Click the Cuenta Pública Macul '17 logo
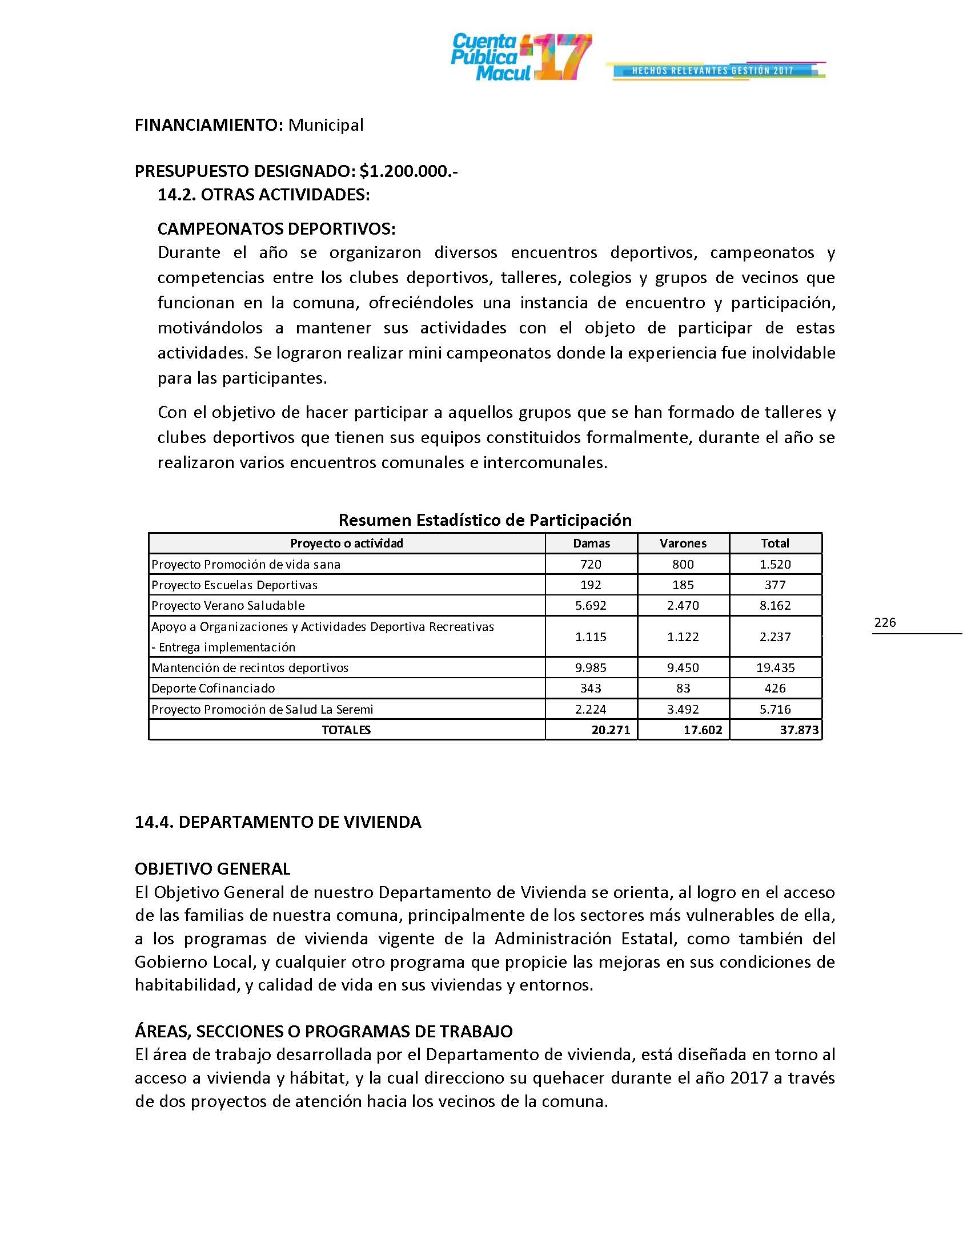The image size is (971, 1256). coord(520,57)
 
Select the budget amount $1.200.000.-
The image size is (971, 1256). coord(408,171)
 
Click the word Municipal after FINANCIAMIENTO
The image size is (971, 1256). coord(326,125)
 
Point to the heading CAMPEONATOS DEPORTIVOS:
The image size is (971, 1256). coord(276,229)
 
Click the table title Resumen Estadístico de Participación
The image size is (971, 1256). coord(485,520)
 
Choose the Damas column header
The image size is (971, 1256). coord(591,543)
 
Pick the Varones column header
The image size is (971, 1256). coord(683,543)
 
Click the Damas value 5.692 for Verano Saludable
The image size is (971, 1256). coord(591,605)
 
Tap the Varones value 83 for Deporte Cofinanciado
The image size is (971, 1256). coord(683,688)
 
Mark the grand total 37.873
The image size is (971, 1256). coord(799,730)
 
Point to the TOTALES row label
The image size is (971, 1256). coord(346,730)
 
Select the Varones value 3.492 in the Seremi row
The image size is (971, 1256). coord(683,709)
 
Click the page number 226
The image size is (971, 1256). coord(885,622)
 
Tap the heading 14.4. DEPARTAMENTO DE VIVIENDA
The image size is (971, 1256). coord(278,822)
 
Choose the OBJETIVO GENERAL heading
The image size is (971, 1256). coord(212,868)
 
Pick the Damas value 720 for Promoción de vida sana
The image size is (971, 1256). coord(591,564)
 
